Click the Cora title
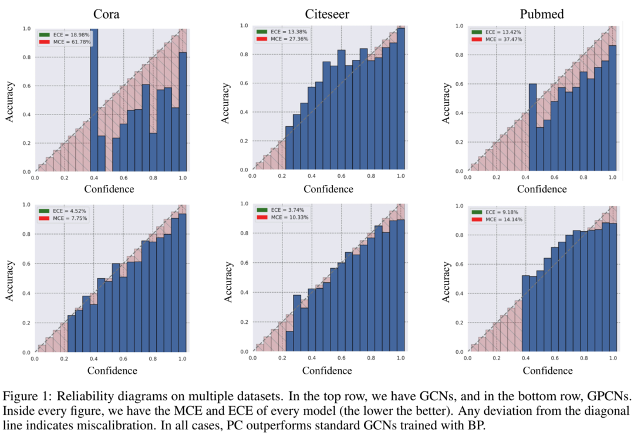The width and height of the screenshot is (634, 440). [x=109, y=14]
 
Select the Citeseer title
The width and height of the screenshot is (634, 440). [x=327, y=14]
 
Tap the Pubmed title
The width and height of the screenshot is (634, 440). [x=543, y=14]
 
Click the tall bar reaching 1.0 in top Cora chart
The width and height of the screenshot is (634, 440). [x=94, y=100]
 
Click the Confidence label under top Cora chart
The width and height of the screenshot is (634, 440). [x=109, y=189]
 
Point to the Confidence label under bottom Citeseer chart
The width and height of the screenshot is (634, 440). [x=327, y=370]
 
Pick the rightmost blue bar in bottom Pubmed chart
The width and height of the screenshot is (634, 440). [x=613, y=287]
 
